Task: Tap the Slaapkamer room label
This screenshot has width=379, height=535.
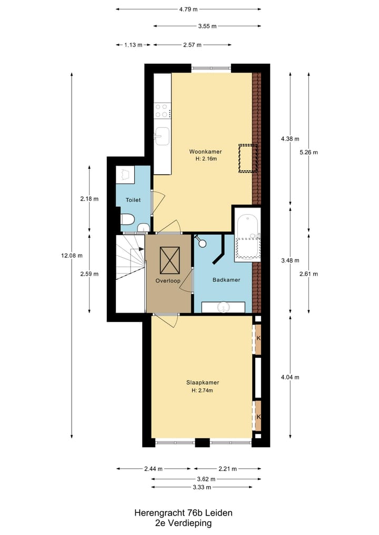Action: (203, 382)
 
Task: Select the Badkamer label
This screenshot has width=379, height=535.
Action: (226, 280)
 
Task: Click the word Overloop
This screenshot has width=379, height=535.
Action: (168, 281)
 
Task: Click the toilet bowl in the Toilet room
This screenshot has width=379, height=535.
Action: (128, 219)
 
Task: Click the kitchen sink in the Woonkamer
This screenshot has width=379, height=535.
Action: (162, 135)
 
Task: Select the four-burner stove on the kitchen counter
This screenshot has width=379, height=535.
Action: (162, 111)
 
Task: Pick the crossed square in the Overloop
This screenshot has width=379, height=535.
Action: (169, 260)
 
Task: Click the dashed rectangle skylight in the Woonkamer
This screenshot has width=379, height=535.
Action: (247, 158)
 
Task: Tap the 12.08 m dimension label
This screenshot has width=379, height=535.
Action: (72, 256)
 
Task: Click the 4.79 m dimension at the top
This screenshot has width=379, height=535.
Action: (188, 9)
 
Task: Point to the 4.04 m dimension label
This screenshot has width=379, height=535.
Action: (290, 377)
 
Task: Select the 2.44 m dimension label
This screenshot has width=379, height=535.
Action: (153, 469)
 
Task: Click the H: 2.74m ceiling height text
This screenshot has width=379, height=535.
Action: (203, 390)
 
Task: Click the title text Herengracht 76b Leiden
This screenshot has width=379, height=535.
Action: (183, 512)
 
